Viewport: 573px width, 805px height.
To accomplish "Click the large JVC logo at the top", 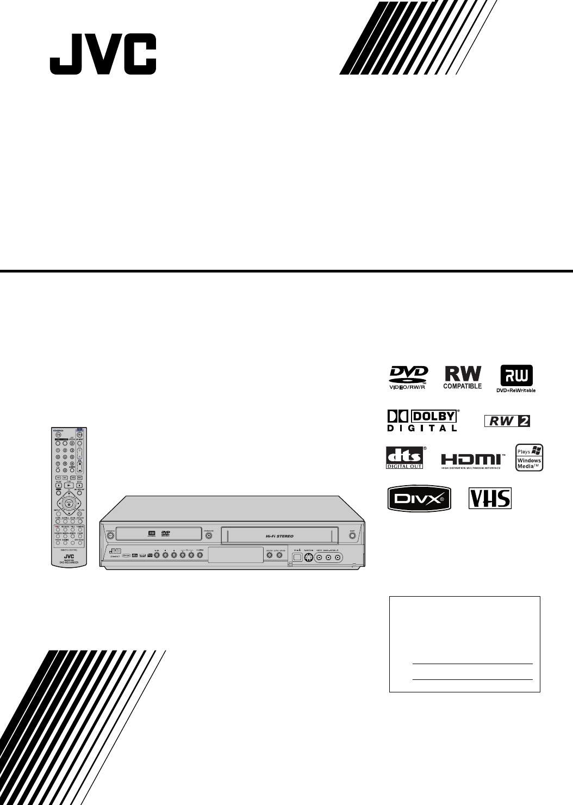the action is coord(103,55).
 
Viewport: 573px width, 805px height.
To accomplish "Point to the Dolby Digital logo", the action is coord(422,420).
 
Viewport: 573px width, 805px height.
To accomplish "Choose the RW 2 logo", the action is coord(507,420).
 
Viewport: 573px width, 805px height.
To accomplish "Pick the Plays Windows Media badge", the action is coord(529,457).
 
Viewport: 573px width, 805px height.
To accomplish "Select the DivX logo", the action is coord(419,498).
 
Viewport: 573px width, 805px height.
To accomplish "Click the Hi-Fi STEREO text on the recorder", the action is coord(280,536).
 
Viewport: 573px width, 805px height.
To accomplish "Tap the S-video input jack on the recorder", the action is coord(308,558).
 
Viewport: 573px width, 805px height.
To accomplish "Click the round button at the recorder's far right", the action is coord(352,535).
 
